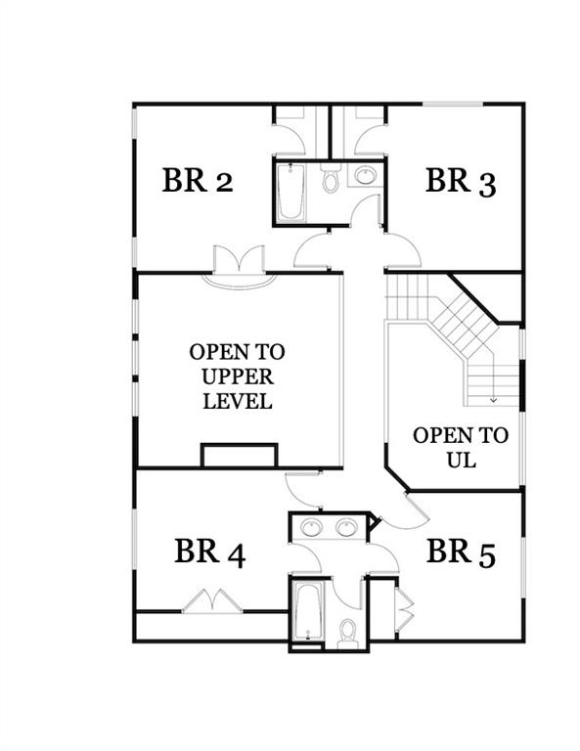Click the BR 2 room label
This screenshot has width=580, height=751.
(197, 181)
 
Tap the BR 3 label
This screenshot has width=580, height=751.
(460, 182)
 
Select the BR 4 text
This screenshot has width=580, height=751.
(209, 552)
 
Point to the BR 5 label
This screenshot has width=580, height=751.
(461, 552)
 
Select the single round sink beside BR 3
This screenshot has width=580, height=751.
(365, 176)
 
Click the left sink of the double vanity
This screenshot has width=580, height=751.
(312, 527)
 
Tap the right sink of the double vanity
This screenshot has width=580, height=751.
(347, 527)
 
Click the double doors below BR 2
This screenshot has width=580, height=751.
(239, 263)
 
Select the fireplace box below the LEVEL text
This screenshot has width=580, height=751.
(239, 456)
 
